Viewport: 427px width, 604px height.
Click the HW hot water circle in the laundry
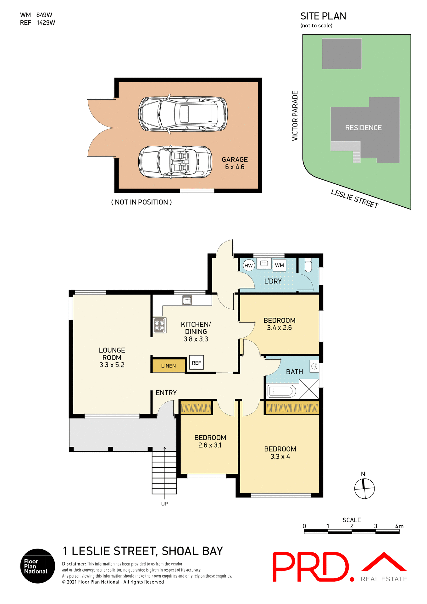point(248,266)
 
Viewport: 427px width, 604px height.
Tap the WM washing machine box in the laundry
point(279,265)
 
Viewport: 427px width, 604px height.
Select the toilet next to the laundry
point(308,265)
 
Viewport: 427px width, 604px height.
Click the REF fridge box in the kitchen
point(197,363)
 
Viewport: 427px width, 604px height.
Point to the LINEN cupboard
point(169,366)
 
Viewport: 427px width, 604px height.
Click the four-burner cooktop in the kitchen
point(160,325)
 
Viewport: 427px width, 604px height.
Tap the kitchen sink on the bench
point(187,300)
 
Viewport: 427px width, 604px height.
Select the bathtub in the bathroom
point(281,391)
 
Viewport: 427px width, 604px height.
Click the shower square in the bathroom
point(309,389)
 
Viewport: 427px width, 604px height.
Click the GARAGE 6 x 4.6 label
point(235,163)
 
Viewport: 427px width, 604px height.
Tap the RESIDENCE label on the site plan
point(363,128)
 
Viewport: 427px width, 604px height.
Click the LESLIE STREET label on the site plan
point(354,199)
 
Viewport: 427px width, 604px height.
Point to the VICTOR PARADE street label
point(295,116)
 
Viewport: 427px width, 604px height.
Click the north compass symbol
point(364,488)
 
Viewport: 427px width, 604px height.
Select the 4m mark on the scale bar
point(399,526)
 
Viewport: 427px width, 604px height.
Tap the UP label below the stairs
point(164,504)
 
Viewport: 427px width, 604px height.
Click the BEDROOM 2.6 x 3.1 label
point(210,441)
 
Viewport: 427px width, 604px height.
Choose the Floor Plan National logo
point(37,566)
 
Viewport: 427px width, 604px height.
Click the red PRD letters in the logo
point(310,567)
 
